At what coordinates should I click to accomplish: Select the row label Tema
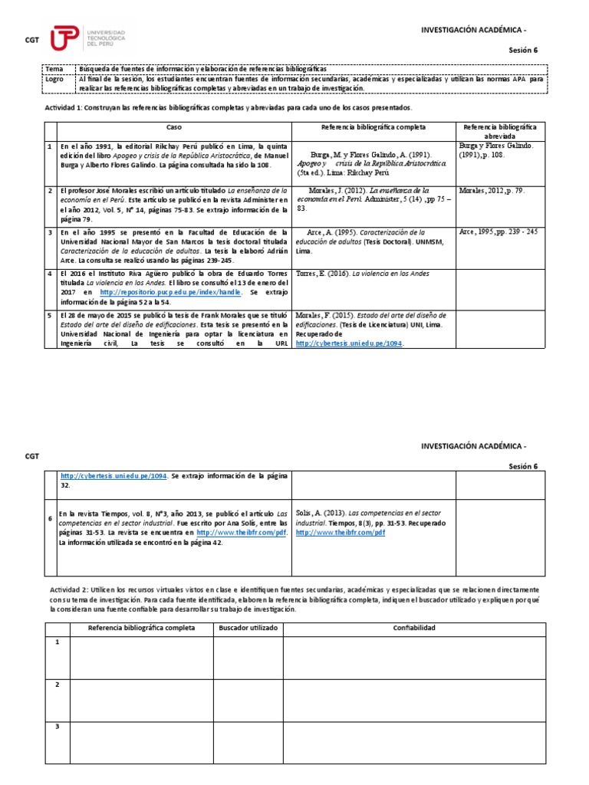tap(55, 69)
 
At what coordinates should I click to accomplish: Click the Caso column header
tap(175, 126)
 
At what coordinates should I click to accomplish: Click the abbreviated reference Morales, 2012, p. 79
tap(492, 191)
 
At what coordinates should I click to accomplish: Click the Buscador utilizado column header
tap(248, 627)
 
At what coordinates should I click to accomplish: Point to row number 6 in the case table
tap(50, 519)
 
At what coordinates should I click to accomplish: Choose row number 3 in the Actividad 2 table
tap(57, 725)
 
